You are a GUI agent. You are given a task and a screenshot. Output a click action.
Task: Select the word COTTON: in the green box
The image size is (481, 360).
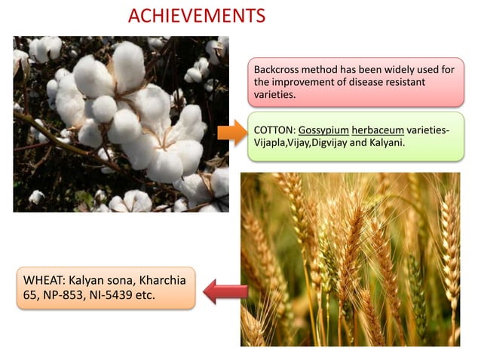point(274,130)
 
